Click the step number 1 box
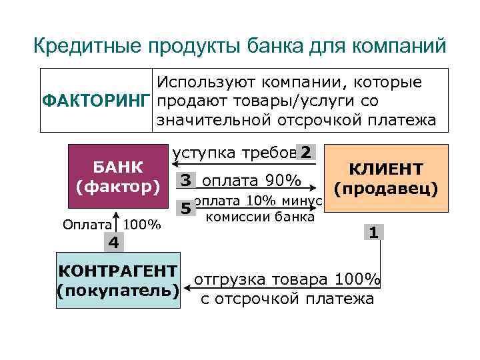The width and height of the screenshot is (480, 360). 374,233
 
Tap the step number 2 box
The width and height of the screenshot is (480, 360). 305,152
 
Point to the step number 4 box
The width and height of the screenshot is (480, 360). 114,243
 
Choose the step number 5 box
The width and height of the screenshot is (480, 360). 186,209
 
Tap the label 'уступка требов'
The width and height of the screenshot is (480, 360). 233,153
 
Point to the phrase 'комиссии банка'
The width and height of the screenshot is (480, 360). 260,216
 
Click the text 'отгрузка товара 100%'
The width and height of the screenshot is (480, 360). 287,280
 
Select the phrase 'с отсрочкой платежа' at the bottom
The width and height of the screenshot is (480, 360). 287,298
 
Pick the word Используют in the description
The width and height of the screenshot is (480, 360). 208,83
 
